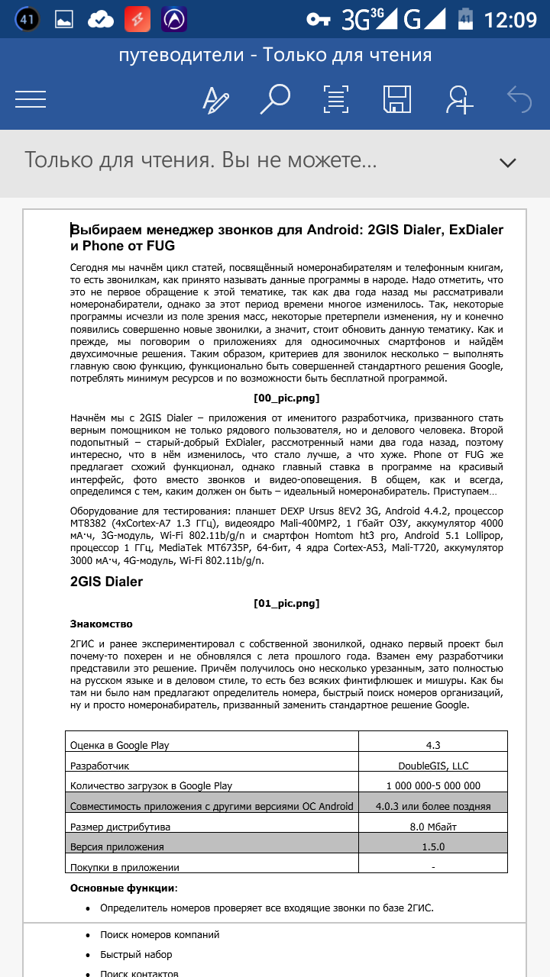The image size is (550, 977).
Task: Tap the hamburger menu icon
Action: (31, 98)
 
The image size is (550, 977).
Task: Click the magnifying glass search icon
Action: (275, 98)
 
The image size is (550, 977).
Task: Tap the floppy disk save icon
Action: (397, 98)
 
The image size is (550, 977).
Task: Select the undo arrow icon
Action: (519, 98)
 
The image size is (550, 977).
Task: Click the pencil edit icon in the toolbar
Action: (215, 99)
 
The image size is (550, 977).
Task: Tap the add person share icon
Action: (460, 99)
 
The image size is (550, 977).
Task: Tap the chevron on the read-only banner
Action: (507, 162)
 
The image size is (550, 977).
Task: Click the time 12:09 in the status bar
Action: (511, 19)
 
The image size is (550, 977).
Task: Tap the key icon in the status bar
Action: (319, 19)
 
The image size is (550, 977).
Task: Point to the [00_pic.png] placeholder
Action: (286, 398)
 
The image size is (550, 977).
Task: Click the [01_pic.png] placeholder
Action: (286, 604)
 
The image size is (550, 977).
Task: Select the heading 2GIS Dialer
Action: (107, 582)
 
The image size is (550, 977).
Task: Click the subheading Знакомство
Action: (101, 624)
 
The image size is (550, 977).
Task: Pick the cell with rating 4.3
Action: (433, 745)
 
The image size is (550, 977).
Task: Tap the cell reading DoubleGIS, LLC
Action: (433, 766)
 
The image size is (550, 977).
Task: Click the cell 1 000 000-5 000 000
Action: (433, 785)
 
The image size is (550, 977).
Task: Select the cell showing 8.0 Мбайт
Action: (433, 827)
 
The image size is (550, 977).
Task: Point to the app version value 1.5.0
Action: (433, 846)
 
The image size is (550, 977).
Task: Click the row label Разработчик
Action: (100, 766)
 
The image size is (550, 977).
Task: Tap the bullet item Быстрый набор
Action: (136, 955)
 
